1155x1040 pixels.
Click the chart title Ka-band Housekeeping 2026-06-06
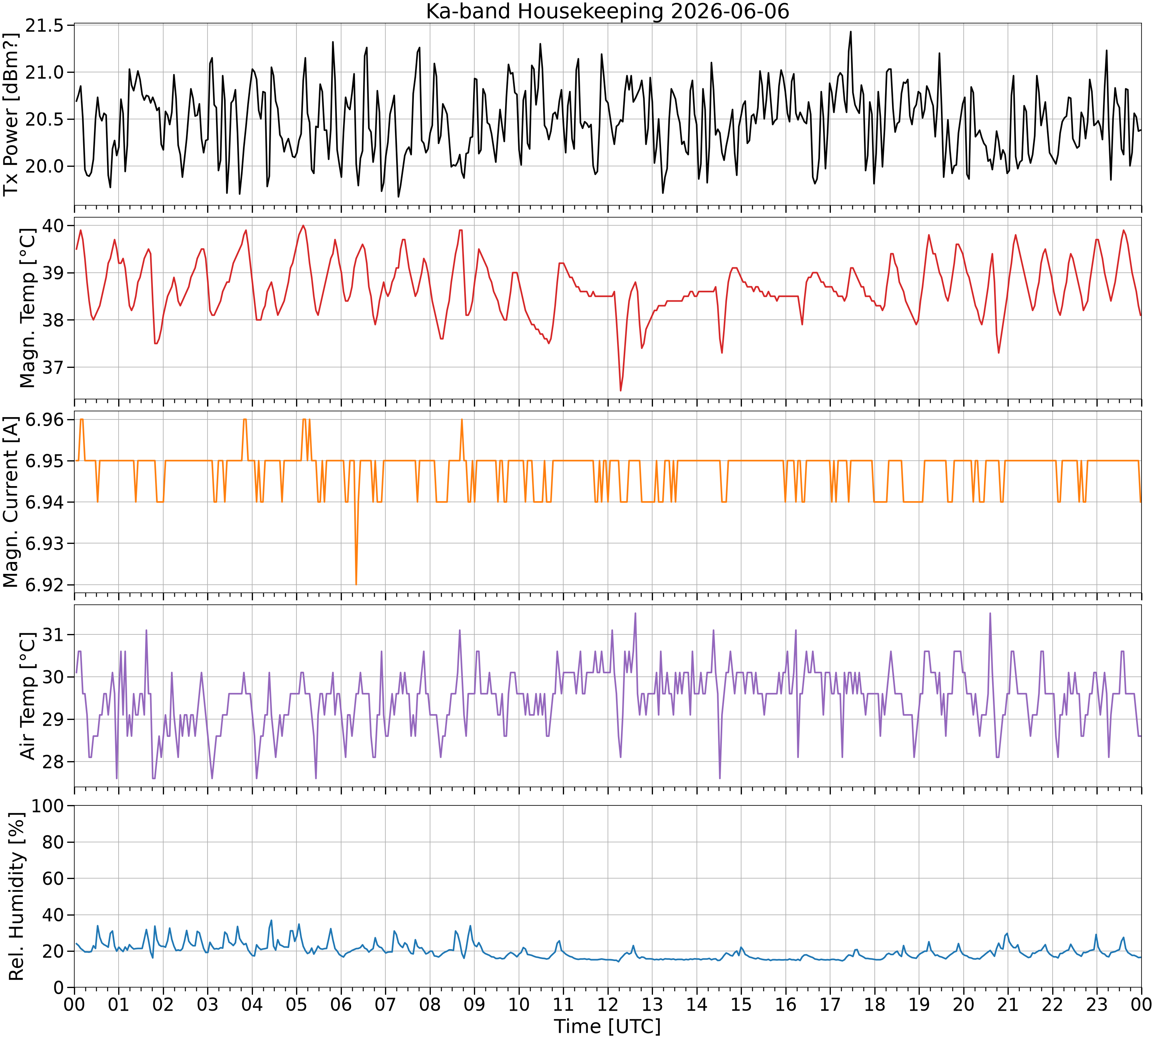click(607, 12)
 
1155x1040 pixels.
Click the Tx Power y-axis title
click(12, 114)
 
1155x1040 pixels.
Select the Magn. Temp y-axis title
click(27, 308)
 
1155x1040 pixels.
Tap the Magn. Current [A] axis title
click(12, 502)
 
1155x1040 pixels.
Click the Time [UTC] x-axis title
click(607, 1026)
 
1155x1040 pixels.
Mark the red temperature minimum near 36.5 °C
click(620, 390)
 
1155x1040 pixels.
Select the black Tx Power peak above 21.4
click(850, 32)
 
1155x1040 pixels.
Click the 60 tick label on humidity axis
click(54, 878)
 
